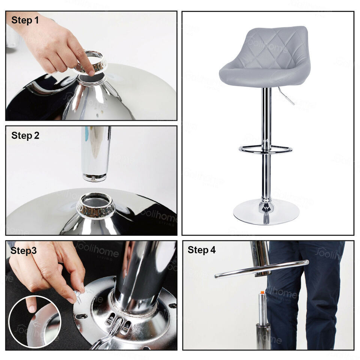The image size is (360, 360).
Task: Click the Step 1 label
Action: [25, 20]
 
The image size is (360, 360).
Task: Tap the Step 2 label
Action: [25, 135]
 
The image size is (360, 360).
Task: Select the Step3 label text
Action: [24, 250]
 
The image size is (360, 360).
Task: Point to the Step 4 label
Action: [202, 250]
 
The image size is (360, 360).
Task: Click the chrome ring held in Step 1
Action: [91, 61]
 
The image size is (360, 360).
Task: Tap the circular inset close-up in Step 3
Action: [35, 321]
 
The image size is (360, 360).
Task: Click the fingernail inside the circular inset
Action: [32, 308]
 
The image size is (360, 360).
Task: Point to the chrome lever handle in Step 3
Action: [109, 334]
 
